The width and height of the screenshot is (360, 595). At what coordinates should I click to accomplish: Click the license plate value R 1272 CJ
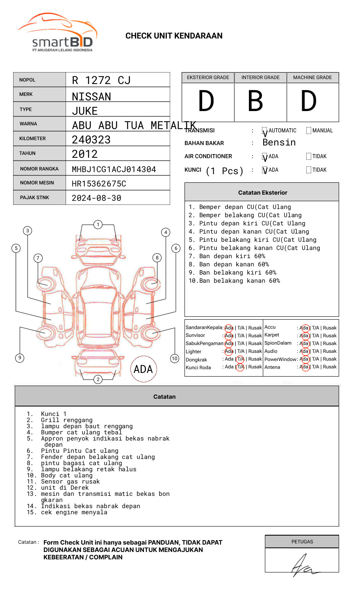pos(101,80)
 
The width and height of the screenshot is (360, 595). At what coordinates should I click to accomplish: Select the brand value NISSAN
pos(91,97)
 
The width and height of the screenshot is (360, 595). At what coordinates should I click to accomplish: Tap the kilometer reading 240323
pos(91,140)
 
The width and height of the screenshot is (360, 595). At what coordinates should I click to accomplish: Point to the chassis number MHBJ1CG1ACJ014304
pos(114,169)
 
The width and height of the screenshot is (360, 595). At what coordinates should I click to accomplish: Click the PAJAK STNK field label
pos(34,198)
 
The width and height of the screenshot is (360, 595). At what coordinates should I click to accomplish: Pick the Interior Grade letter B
pos(255,101)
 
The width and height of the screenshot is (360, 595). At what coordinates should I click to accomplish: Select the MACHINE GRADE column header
pos(312,77)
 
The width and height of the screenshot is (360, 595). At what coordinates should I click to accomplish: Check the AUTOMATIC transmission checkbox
pos(265,131)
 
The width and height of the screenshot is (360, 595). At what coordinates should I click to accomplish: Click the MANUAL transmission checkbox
pos(309,131)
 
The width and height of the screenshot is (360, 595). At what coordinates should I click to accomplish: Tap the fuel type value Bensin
pos(279,143)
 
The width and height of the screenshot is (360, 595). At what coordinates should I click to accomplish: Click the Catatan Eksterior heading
pos(262,193)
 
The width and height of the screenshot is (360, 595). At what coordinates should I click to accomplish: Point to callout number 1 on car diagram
pos(98,225)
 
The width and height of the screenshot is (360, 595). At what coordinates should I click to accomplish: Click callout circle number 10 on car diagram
pos(175,359)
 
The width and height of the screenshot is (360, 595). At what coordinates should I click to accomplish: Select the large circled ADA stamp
pos(143,369)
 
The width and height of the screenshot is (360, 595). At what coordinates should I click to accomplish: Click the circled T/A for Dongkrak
pos(240,359)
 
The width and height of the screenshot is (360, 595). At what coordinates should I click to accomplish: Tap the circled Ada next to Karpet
pos(304,336)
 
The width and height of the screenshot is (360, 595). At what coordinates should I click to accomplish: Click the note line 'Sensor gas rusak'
pos(70,481)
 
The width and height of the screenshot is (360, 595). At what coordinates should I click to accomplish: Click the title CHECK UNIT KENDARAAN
pos(174,36)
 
